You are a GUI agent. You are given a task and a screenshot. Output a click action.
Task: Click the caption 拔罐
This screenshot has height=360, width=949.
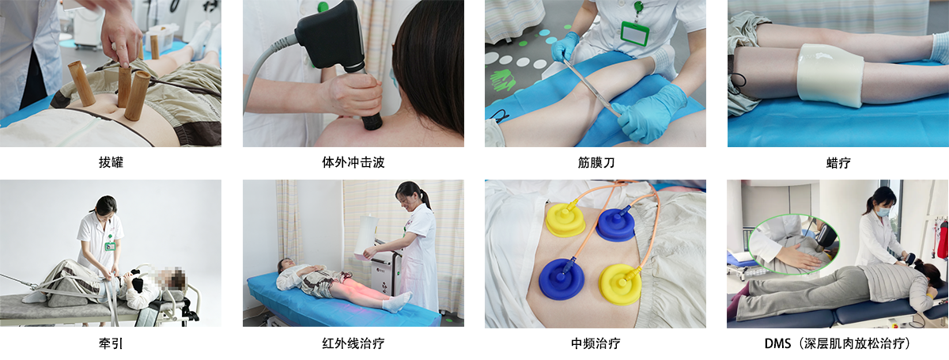point(111,162)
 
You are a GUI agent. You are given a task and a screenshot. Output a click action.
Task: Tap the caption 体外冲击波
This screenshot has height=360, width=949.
point(354,162)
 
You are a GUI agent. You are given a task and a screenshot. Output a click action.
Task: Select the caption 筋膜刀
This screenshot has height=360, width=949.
point(595,162)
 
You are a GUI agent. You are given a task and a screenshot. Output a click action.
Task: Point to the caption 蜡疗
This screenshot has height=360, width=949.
point(838,162)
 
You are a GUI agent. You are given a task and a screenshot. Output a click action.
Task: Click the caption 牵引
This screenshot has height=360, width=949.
point(111,343)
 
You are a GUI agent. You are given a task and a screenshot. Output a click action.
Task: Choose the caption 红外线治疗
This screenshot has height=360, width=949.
point(354,343)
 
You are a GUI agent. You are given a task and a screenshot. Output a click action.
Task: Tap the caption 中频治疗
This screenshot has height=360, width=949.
point(595,343)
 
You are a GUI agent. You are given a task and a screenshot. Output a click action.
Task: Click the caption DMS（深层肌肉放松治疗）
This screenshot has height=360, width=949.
point(837,343)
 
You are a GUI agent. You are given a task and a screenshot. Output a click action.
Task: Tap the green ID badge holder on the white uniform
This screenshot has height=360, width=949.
point(635,32)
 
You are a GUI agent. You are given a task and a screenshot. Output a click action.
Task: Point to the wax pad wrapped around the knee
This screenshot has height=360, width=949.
point(830,74)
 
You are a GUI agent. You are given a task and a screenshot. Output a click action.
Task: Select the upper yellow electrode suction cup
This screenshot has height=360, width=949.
point(565,219)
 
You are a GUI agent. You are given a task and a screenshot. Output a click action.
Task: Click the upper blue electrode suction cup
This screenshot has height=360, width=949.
point(615,224)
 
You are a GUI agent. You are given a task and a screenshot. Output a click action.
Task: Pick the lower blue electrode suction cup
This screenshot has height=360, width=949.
point(561,279)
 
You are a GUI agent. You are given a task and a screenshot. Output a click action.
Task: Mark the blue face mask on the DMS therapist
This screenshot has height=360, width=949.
point(883,210)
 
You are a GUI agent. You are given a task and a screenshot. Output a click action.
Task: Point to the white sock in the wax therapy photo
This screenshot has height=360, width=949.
point(940,48)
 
